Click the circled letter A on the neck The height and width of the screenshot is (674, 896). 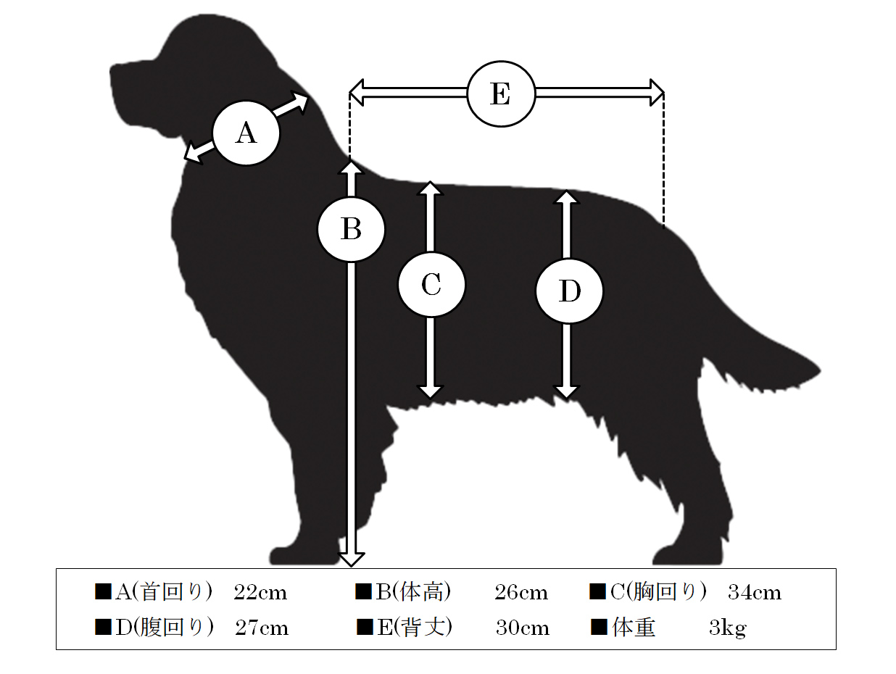[x=246, y=133]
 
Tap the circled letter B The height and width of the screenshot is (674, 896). [x=351, y=229]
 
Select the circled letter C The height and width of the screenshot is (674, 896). [x=431, y=284]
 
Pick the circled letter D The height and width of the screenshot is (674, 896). [x=570, y=291]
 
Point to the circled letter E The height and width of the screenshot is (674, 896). [x=501, y=93]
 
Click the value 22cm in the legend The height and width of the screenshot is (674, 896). [x=260, y=593]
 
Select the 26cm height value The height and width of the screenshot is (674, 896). [x=521, y=593]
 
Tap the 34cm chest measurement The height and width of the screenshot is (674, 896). [x=755, y=593]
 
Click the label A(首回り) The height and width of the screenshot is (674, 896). [x=164, y=592]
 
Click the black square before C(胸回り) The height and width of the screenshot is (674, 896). [x=597, y=591]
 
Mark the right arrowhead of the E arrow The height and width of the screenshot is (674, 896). [x=657, y=93]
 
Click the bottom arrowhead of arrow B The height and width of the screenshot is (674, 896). [x=351, y=559]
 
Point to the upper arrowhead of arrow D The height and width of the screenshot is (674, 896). [x=567, y=196]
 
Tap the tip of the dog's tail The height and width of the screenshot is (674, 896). [x=821, y=370]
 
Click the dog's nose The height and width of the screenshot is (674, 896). [x=112, y=70]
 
